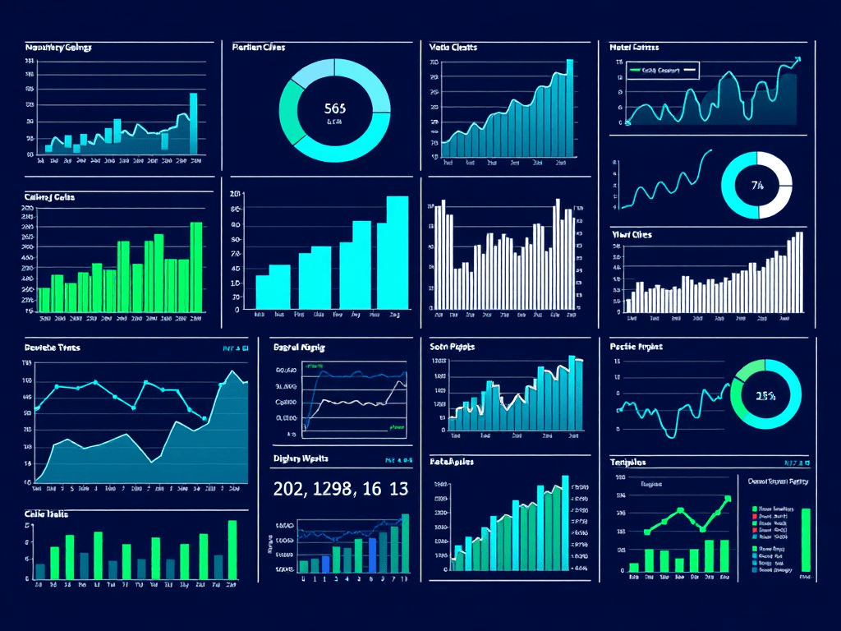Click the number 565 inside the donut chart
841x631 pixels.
tap(335, 108)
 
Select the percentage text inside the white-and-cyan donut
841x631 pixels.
tap(756, 185)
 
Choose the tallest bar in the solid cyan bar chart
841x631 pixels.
tap(397, 252)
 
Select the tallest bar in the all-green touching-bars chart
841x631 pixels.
tap(196, 267)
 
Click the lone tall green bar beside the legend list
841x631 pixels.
tap(805, 540)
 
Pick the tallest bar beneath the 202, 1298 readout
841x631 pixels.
tap(405, 542)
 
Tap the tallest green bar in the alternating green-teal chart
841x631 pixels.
tap(232, 549)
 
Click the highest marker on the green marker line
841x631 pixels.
tap(727, 499)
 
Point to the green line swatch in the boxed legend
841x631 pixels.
tap(634, 71)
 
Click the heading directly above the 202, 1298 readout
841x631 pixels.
tap(299, 458)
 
